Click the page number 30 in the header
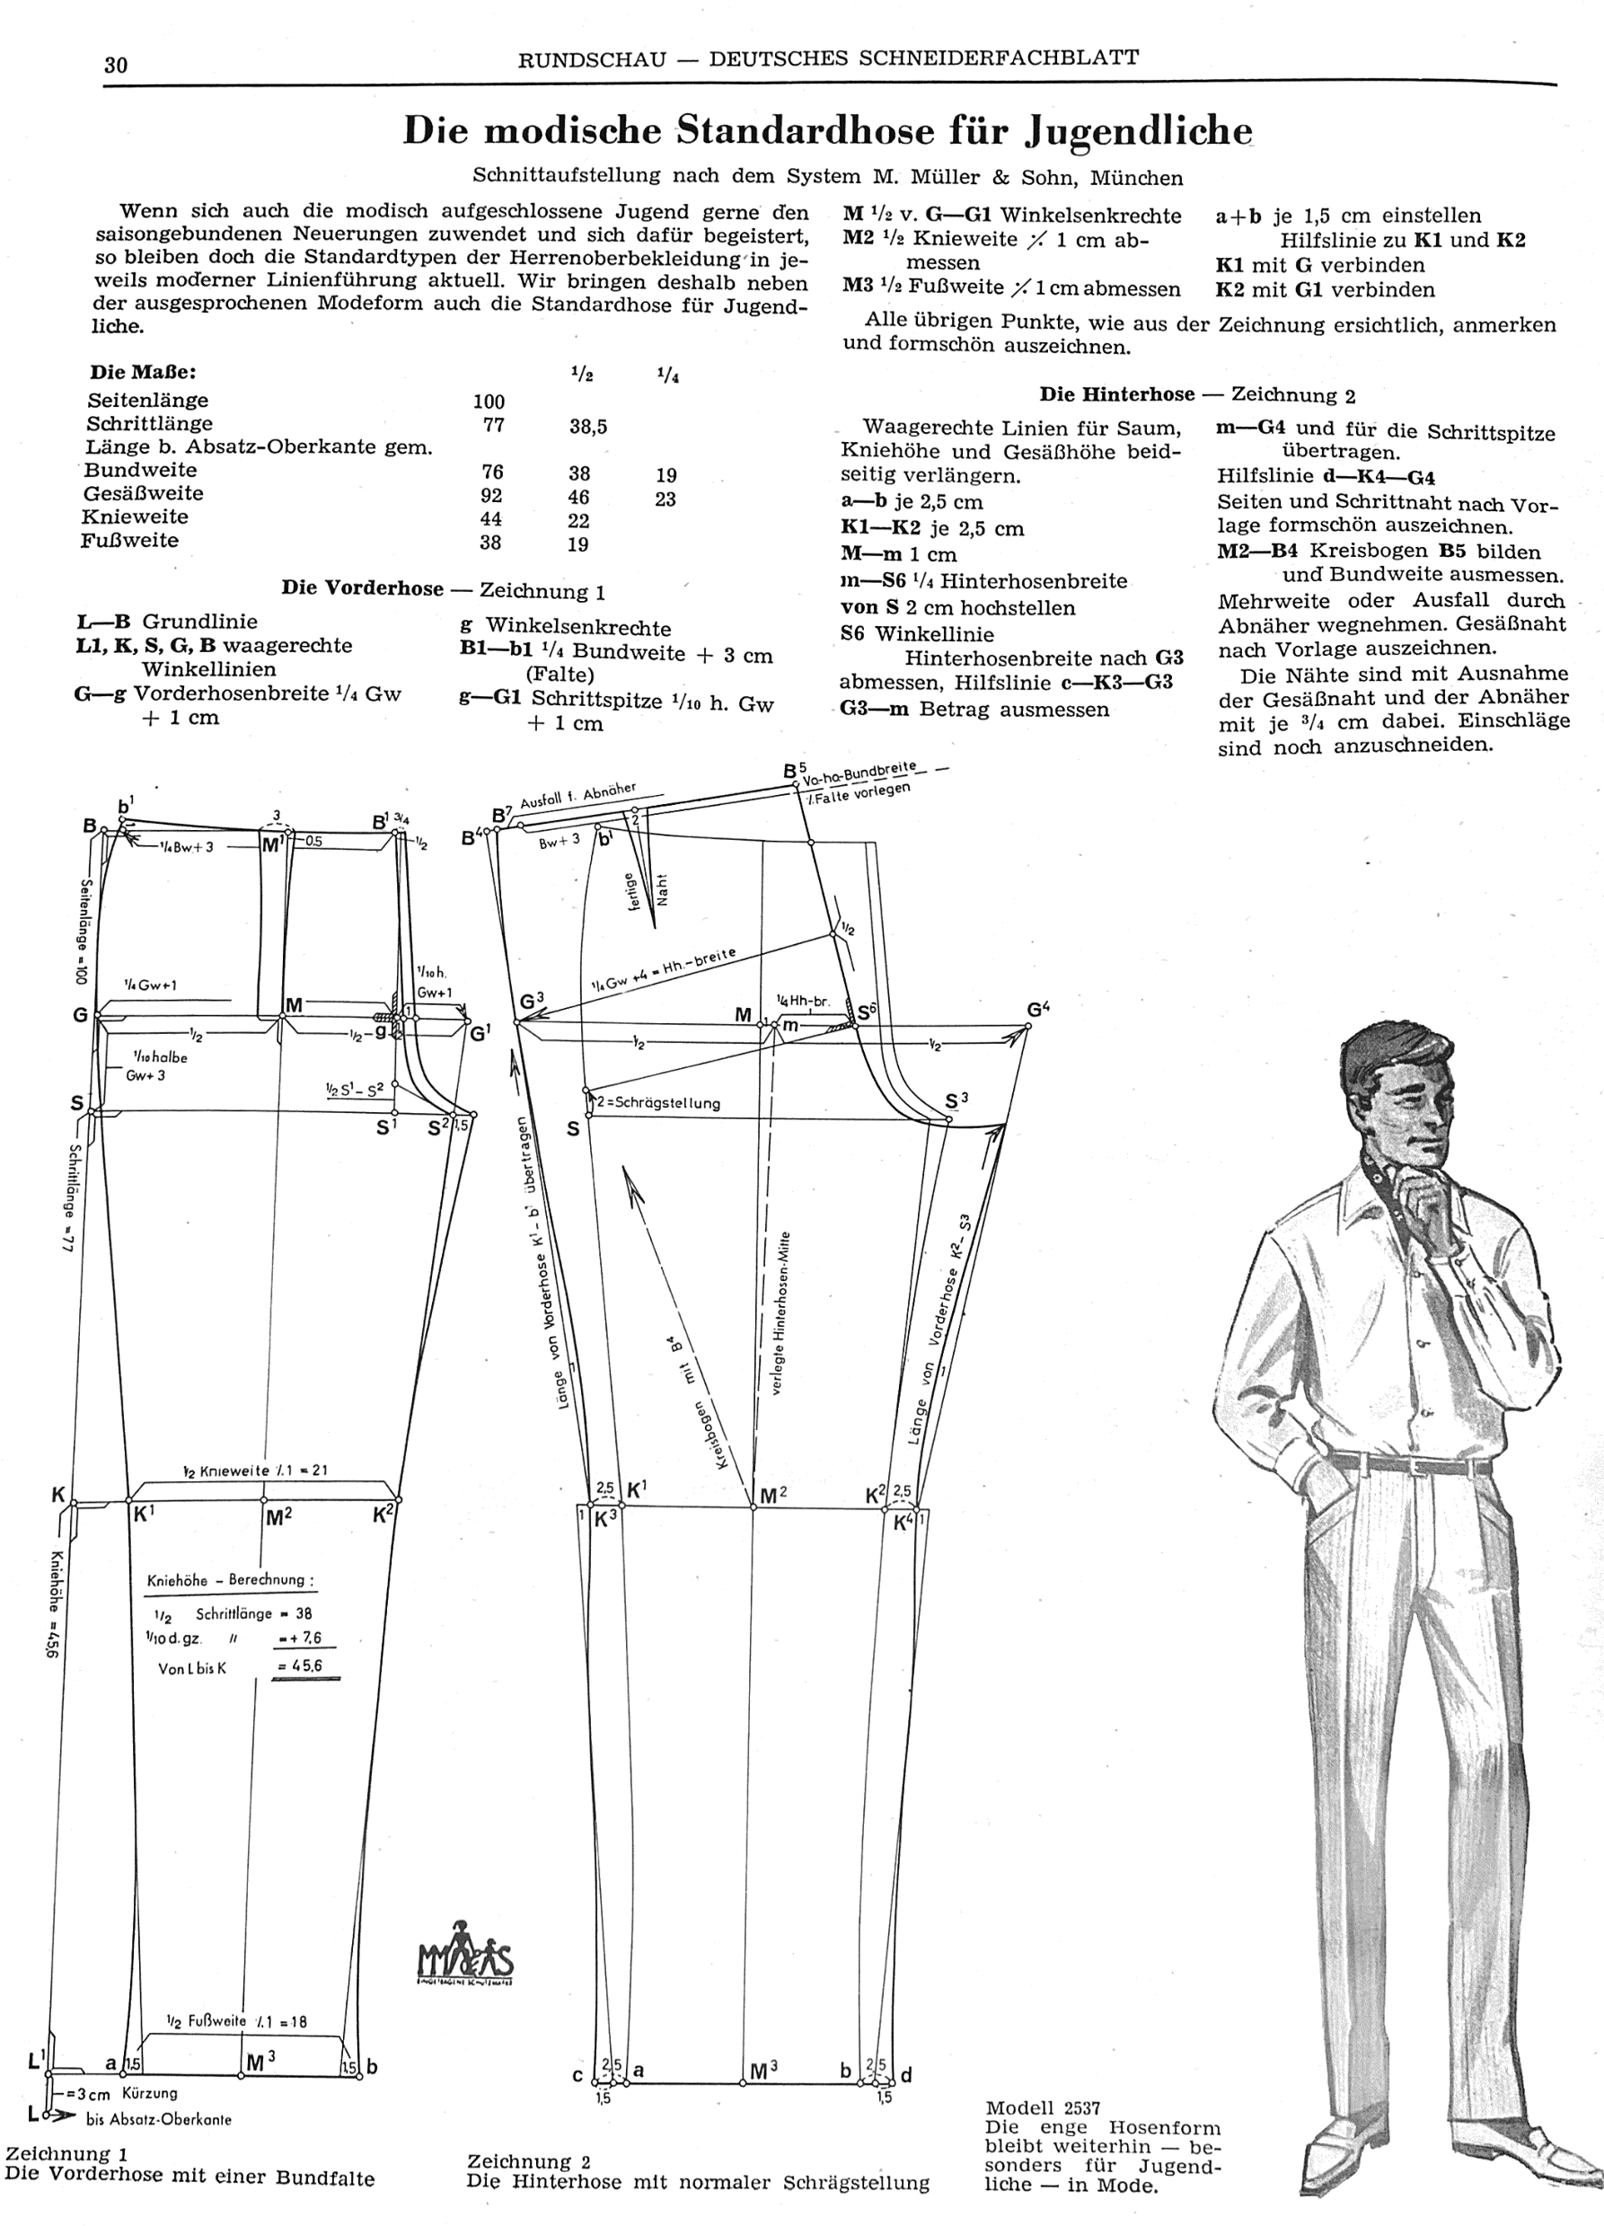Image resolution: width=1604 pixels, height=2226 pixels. (116, 65)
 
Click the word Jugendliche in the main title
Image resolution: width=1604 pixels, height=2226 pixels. (1138, 131)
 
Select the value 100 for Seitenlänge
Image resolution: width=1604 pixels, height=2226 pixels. (489, 402)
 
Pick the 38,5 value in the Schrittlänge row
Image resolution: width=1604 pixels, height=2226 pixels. (587, 426)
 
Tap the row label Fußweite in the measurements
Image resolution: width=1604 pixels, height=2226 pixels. (129, 541)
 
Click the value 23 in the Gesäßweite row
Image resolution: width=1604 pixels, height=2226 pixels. (665, 499)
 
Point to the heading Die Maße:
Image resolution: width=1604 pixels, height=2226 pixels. (142, 373)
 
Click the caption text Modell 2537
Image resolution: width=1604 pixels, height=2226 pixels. (1043, 2108)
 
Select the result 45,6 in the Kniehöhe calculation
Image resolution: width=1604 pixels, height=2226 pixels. (300, 1666)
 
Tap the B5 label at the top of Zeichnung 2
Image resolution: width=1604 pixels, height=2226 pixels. (794, 772)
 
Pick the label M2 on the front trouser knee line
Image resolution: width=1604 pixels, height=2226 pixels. (278, 1517)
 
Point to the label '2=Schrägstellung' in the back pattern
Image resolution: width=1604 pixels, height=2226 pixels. (657, 1102)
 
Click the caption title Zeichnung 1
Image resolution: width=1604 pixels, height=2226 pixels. (66, 2153)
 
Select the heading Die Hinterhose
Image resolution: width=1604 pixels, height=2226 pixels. (1116, 394)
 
